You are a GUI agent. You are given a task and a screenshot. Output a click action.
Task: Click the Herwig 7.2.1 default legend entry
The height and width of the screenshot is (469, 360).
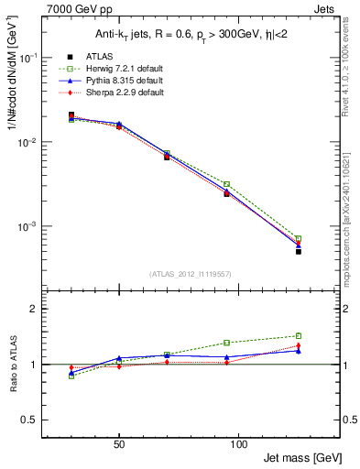click(126, 69)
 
